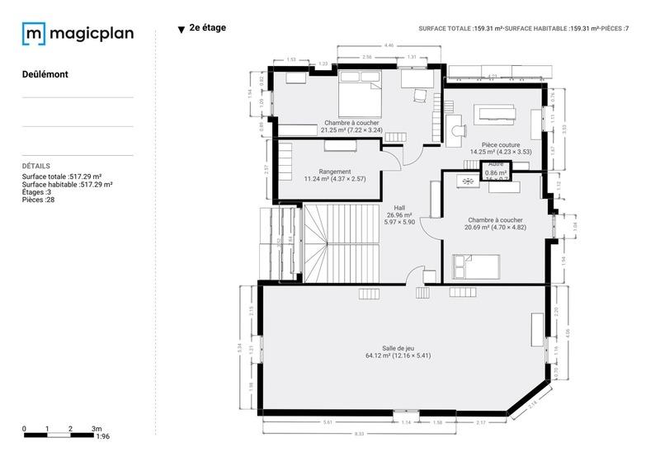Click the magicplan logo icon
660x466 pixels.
pyautogui.click(x=34, y=34)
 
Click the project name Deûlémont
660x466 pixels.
pyautogui.click(x=45, y=74)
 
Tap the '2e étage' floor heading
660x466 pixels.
pyautogui.click(x=207, y=28)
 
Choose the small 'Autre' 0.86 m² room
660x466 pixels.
pyautogui.click(x=496, y=171)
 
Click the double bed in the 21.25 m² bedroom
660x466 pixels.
pyautogui.click(x=359, y=92)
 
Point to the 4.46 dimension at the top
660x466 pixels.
pyautogui.click(x=388, y=46)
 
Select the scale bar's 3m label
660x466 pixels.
pyautogui.click(x=97, y=429)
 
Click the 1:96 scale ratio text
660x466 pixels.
pyautogui.click(x=103, y=437)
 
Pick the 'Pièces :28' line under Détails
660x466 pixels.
pyautogui.click(x=38, y=200)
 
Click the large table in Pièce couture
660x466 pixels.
pyautogui.click(x=499, y=112)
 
